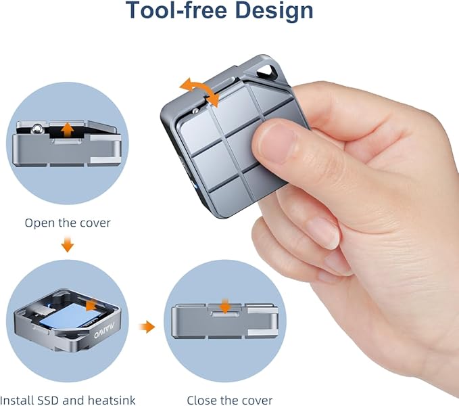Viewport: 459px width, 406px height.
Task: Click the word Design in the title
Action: (x=274, y=11)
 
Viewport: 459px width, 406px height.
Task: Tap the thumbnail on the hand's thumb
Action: (x=276, y=143)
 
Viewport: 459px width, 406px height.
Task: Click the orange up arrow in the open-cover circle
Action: (x=68, y=129)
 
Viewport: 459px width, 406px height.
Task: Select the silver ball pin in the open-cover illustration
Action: (x=37, y=129)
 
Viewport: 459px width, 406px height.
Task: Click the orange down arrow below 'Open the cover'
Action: (x=68, y=243)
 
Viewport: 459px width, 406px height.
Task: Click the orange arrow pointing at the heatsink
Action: (x=91, y=305)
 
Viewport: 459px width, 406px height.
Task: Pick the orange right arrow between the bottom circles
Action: (x=147, y=327)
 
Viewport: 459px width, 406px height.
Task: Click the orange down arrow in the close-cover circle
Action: (x=225, y=306)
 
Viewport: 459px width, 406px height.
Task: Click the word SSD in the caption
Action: (x=48, y=400)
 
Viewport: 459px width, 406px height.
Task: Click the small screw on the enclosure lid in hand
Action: (x=195, y=111)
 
